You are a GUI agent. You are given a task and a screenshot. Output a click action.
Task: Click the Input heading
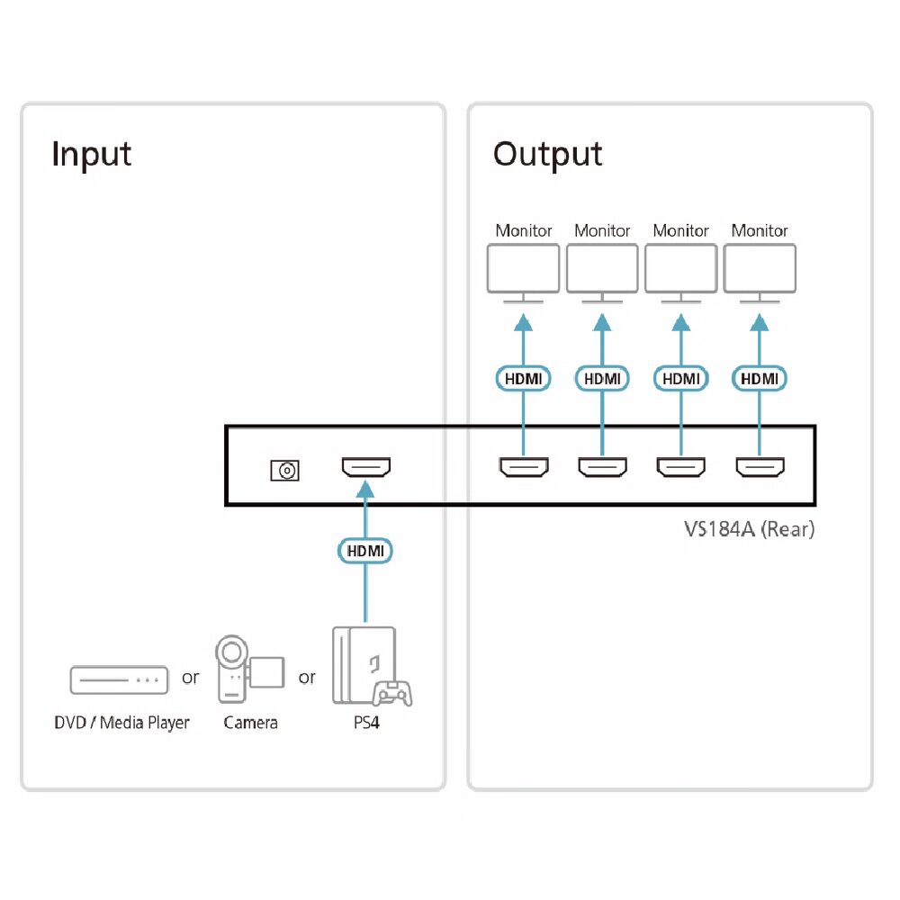92,154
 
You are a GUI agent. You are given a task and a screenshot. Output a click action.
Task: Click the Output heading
547,154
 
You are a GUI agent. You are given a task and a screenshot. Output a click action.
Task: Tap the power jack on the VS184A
285,470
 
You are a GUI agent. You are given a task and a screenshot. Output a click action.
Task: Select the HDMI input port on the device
365,467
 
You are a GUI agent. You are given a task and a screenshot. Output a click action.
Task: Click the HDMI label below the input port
365,549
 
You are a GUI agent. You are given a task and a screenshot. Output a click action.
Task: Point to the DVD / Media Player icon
120,680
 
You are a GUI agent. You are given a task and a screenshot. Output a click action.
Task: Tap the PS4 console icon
371,665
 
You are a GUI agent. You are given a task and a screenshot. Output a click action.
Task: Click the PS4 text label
366,723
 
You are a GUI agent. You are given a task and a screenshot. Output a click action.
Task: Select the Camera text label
250,723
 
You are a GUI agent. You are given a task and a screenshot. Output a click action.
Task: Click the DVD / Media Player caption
121,723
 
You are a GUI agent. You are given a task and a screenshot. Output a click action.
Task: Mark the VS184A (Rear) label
749,529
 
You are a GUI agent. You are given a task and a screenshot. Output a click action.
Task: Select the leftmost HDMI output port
524,467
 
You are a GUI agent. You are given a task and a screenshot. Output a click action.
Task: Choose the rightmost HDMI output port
760,467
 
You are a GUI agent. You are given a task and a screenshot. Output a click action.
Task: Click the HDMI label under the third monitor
681,379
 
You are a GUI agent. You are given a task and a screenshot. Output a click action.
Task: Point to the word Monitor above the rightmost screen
760,231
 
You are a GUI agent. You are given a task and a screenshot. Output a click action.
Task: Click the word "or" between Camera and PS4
307,677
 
